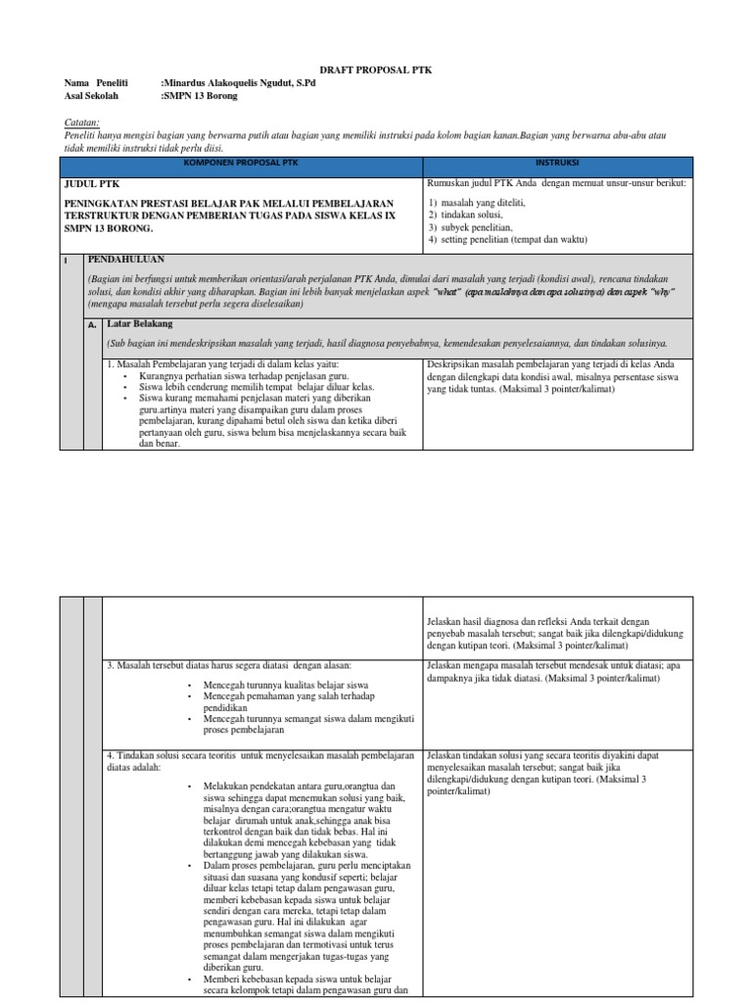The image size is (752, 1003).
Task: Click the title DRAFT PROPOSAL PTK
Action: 376,71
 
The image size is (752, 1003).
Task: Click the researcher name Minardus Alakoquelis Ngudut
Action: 239,84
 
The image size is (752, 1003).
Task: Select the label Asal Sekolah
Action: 91,96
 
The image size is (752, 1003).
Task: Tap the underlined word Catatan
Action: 81,121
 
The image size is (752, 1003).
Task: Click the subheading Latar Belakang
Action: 145,323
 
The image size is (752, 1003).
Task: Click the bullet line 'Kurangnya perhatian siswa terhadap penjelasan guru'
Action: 251,376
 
